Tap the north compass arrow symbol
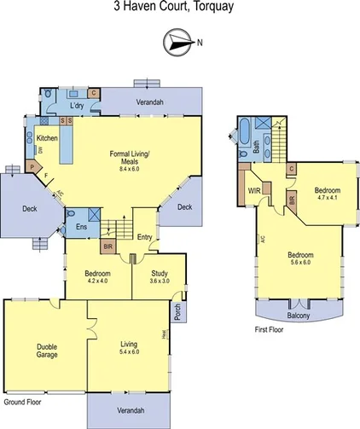point(177,40)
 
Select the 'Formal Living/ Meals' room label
point(130,159)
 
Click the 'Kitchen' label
point(47,137)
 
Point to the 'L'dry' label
point(78,105)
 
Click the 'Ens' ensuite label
point(81,227)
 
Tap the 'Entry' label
point(144,238)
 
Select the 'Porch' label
point(177,314)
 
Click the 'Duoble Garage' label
point(47,351)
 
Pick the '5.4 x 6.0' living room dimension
point(128,351)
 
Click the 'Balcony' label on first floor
point(299,315)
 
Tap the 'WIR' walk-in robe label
point(254,192)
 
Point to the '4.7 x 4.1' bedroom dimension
point(328,198)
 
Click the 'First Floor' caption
point(271,329)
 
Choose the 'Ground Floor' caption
point(22,400)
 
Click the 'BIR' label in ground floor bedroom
point(107,248)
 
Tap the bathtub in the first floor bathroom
point(244,135)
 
